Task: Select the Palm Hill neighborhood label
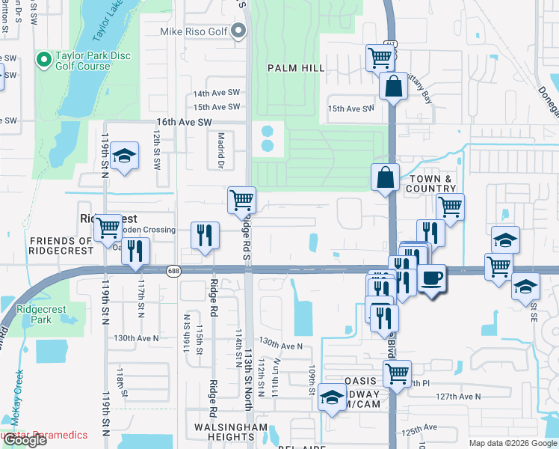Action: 297,68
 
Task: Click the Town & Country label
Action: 430,184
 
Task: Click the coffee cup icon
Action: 432,279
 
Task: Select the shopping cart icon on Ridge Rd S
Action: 241,200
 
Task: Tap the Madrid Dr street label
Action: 220,156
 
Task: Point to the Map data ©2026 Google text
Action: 512,443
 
